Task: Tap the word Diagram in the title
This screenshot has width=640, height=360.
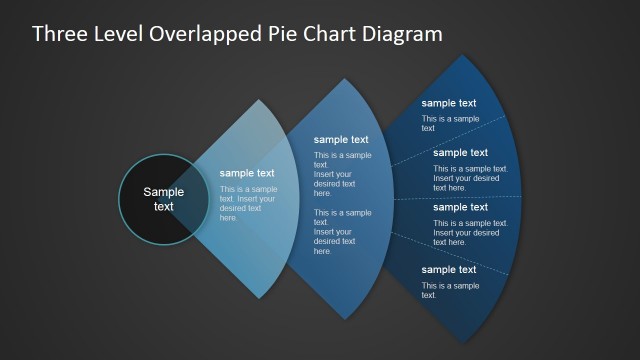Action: [x=397, y=34]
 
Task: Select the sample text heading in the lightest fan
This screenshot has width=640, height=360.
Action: [x=247, y=173]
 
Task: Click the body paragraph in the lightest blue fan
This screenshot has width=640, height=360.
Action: [x=248, y=203]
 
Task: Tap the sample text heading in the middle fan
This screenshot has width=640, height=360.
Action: [x=341, y=140]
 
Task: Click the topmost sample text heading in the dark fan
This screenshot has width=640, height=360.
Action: [x=449, y=103]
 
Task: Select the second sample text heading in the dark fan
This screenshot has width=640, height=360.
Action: [x=461, y=153]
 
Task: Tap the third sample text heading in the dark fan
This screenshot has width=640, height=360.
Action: [x=461, y=207]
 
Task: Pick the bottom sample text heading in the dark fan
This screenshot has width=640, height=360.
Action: [x=449, y=270]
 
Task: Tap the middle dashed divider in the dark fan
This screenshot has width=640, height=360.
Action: [x=470, y=198]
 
